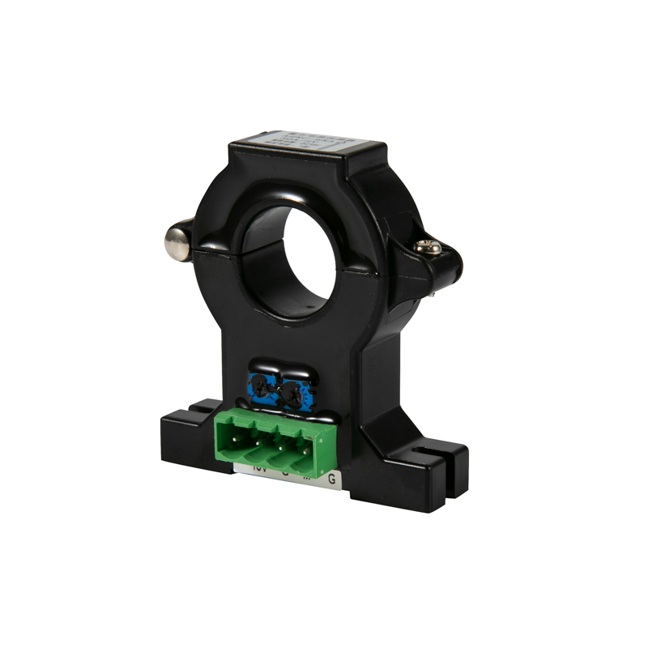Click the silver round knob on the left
pyautogui.click(x=177, y=240)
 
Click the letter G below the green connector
pyautogui.click(x=331, y=479)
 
